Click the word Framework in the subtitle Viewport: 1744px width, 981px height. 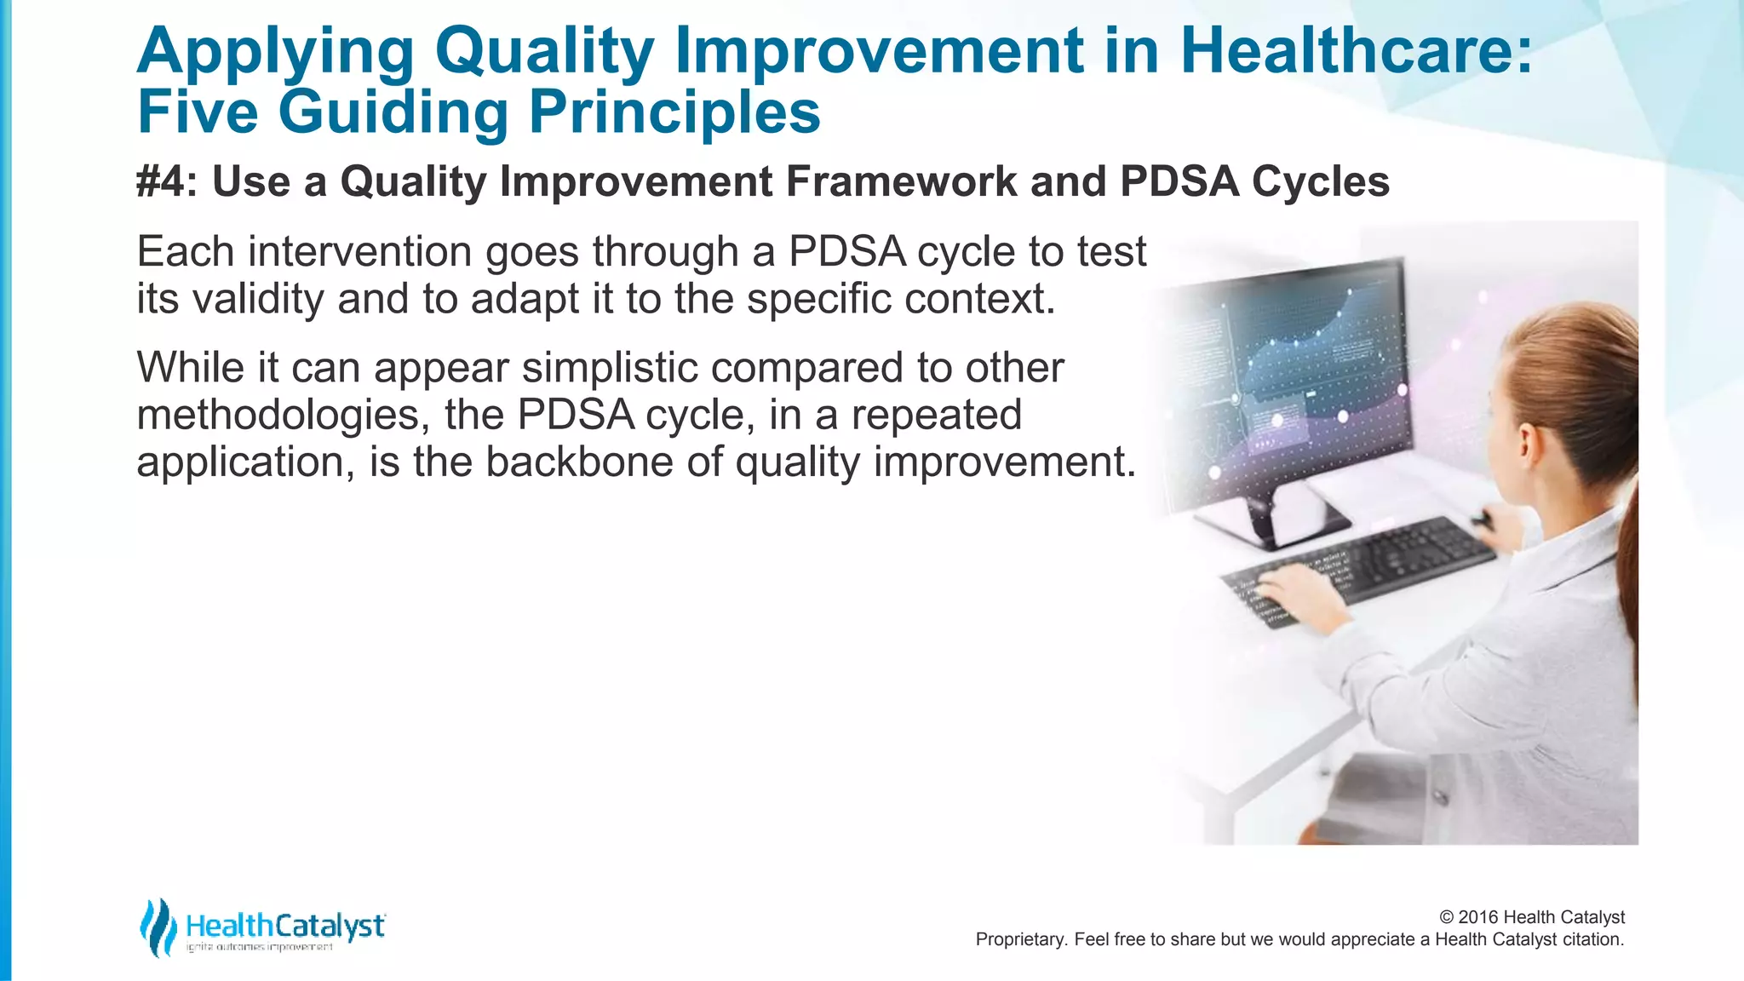901,181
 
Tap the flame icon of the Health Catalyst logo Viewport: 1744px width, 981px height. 157,926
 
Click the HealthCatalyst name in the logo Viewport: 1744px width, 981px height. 285,926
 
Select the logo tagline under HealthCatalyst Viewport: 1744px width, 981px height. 260,948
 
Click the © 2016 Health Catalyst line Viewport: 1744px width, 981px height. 1531,917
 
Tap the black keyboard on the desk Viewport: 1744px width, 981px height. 1362,566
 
